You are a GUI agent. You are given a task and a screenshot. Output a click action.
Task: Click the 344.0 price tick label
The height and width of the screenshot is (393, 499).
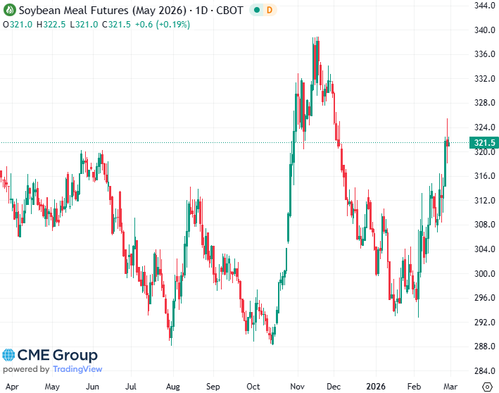pyautogui.click(x=482, y=6)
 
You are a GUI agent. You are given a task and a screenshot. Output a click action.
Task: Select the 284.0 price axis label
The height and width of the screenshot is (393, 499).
pyautogui.click(x=482, y=371)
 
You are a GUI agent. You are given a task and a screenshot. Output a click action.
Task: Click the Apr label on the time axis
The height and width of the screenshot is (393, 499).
pyautogui.click(x=11, y=387)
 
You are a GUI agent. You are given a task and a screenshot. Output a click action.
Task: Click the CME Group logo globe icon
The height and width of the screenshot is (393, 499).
pyautogui.click(x=8, y=356)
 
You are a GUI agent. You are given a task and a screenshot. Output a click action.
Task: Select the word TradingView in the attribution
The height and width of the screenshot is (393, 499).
pyautogui.click(x=77, y=369)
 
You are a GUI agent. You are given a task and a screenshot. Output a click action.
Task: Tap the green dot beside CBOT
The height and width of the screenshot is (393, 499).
pyautogui.click(x=257, y=11)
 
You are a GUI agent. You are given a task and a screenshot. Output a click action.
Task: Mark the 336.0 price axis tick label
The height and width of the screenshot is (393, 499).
pyautogui.click(x=482, y=54)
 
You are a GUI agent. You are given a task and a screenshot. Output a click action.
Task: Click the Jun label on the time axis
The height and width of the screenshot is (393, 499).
pyautogui.click(x=91, y=387)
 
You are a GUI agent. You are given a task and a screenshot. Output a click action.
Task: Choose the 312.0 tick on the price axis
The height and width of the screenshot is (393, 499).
pyautogui.click(x=482, y=200)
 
